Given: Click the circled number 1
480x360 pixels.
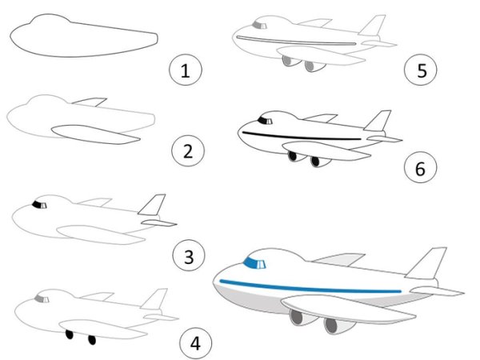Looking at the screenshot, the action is (186, 70).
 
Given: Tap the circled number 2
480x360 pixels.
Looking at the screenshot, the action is (188, 151).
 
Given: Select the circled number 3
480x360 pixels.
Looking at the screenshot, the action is (189, 256).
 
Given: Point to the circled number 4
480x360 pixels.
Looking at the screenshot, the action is (195, 342).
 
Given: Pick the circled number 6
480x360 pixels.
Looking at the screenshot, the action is (420, 167).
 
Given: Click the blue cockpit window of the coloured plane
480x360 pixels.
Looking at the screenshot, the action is (254, 263).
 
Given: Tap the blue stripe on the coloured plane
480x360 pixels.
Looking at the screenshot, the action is (310, 286).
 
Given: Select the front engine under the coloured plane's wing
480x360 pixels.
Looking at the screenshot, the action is (302, 317).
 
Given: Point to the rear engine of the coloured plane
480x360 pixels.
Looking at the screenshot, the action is (337, 326).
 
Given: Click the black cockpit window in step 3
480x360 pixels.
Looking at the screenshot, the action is (39, 205).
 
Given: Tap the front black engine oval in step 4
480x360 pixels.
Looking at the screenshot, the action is (70, 334).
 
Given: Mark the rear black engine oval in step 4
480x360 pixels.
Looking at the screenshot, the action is (92, 339).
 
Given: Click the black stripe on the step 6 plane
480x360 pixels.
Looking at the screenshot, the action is (302, 136).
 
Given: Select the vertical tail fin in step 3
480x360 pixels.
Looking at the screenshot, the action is (152, 205).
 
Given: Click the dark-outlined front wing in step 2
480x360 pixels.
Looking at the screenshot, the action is (95, 134).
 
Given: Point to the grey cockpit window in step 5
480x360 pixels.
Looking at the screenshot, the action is (259, 26).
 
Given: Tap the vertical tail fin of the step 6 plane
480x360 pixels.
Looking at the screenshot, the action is (378, 121).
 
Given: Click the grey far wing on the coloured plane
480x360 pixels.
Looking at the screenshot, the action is (338, 259).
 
